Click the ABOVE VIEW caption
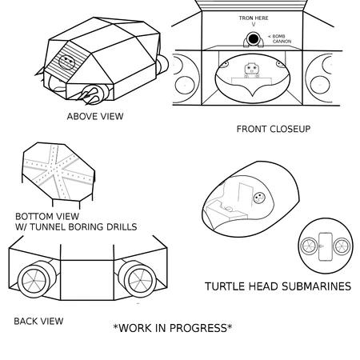(95, 116)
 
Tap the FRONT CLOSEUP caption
(274, 129)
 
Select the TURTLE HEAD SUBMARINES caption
(278, 286)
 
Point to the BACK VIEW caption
(38, 321)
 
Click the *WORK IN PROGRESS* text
(173, 328)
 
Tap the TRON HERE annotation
(254, 18)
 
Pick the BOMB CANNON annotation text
(282, 39)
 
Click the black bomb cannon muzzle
(253, 39)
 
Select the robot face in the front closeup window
(251, 69)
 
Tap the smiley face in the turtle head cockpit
(259, 198)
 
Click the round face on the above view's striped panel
(66, 62)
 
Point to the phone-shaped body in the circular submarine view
(326, 246)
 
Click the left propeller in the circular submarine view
(309, 246)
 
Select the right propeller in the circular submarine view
(342, 246)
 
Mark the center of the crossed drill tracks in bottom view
(57, 169)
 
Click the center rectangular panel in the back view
(87, 280)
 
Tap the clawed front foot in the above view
(90, 94)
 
